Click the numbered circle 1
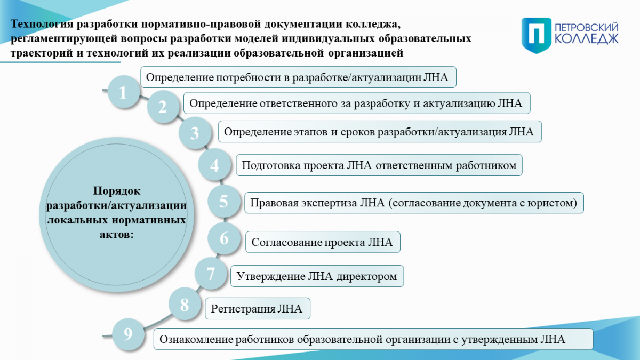point(123,92)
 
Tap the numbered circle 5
point(223,201)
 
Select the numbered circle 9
point(128,334)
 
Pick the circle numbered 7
point(211,274)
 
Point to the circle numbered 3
point(195,133)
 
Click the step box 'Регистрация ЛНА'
point(258,309)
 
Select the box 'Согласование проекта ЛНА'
point(323,242)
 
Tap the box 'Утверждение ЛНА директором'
point(317,276)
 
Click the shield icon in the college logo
point(537,35)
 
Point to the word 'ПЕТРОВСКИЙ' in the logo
point(586,28)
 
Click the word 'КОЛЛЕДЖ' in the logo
point(587,39)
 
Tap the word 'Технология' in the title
point(42,24)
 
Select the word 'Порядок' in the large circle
point(117,191)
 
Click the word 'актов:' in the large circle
point(117,234)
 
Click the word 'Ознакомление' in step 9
point(197,339)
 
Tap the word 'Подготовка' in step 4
point(271,165)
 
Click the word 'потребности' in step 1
point(249,77)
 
